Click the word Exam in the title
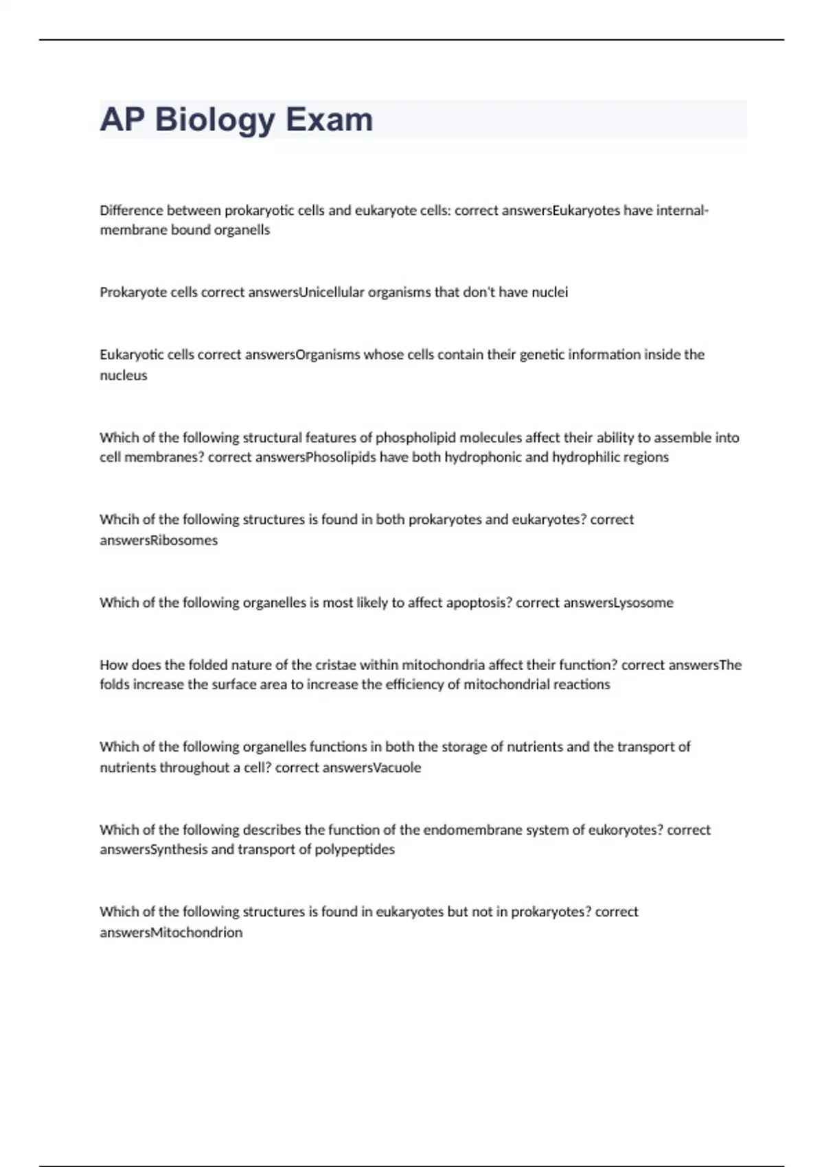[329, 119]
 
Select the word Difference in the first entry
[130, 211]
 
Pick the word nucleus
[124, 375]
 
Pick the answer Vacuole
[396, 767]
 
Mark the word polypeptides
[354, 850]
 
